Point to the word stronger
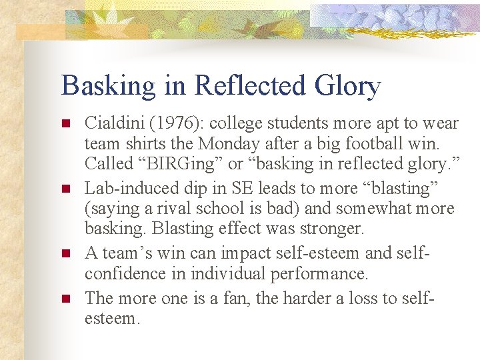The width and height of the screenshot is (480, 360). [331, 228]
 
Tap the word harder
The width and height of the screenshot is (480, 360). [309, 298]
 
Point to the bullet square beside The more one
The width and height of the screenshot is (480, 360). [65, 299]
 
